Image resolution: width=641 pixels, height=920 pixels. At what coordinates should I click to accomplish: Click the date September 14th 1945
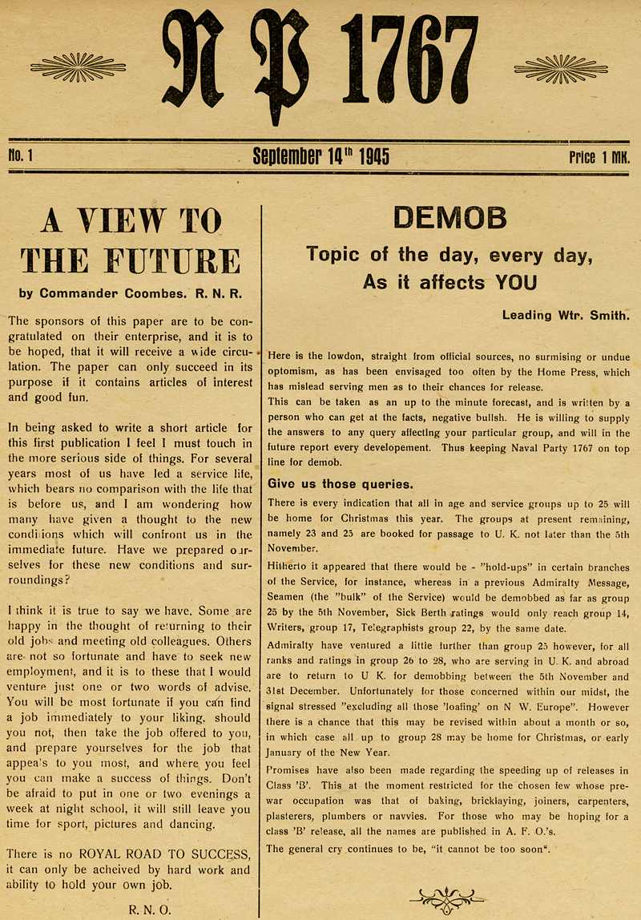(x=320, y=155)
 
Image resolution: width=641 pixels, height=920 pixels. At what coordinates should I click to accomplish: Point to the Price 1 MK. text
(x=599, y=156)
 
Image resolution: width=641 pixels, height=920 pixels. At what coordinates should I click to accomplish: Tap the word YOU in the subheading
(x=514, y=282)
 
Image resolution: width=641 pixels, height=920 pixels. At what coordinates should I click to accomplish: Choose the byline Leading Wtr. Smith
(x=566, y=315)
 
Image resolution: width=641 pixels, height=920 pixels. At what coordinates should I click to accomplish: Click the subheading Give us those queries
(x=341, y=483)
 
